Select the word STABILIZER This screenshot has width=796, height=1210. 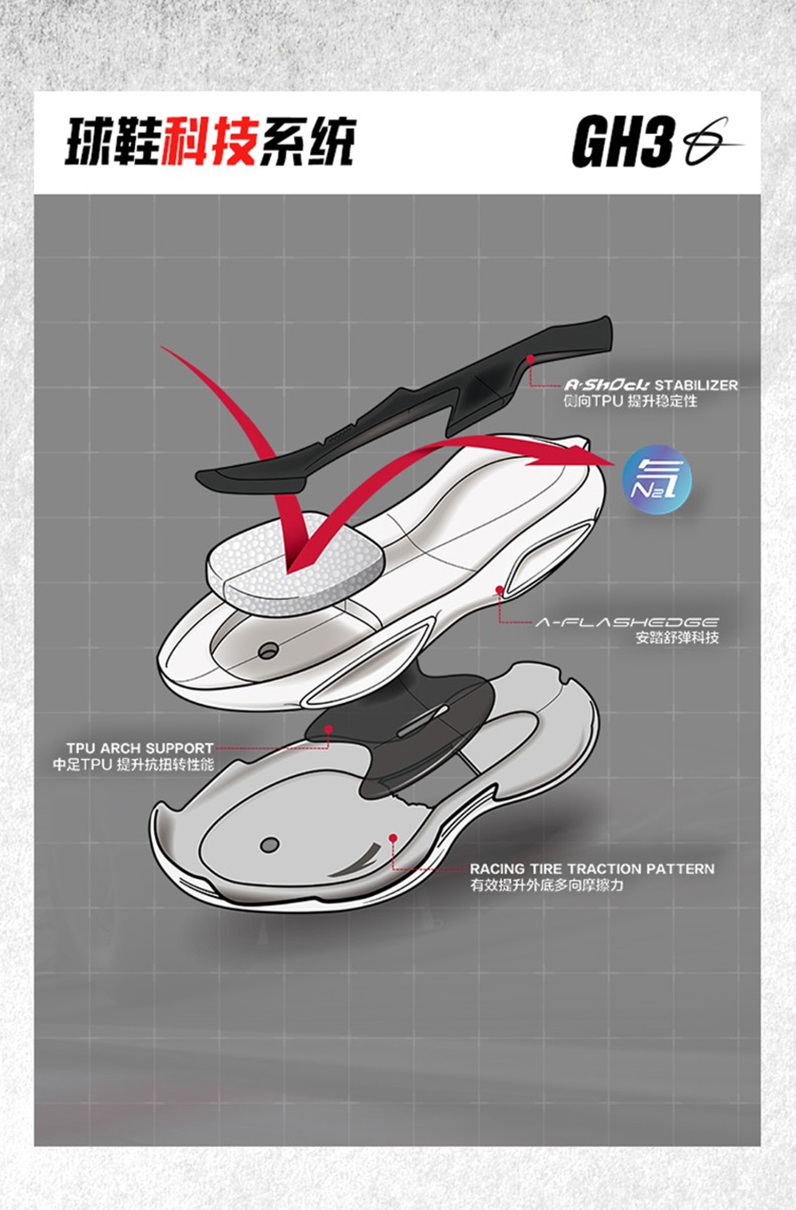tap(696, 385)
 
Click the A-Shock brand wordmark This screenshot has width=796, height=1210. tap(607, 385)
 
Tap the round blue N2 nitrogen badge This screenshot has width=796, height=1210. tap(657, 480)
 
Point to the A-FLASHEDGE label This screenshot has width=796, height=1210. tap(627, 622)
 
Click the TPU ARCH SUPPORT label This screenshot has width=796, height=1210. tap(139, 748)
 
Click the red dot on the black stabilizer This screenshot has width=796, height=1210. tap(530, 359)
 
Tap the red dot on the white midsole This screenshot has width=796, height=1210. tap(499, 591)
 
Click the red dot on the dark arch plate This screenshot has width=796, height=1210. tap(328, 729)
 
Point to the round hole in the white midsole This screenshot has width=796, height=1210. tap(267, 651)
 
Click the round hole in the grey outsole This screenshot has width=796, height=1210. tap(270, 845)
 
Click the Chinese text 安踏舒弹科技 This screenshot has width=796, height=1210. tap(677, 638)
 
